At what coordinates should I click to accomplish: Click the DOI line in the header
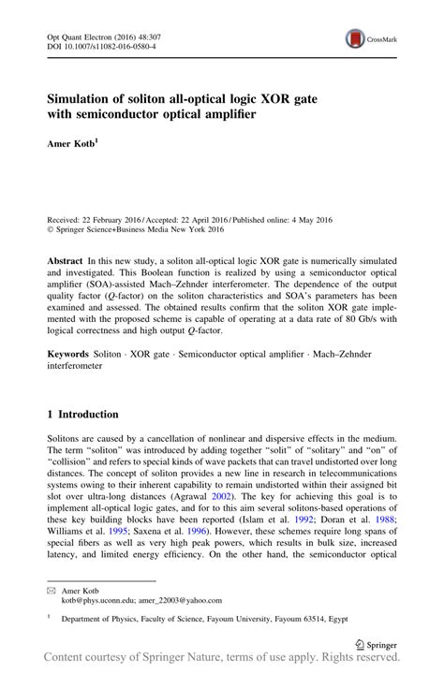pos(101,44)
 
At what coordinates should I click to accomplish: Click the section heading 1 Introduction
pos(83,414)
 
